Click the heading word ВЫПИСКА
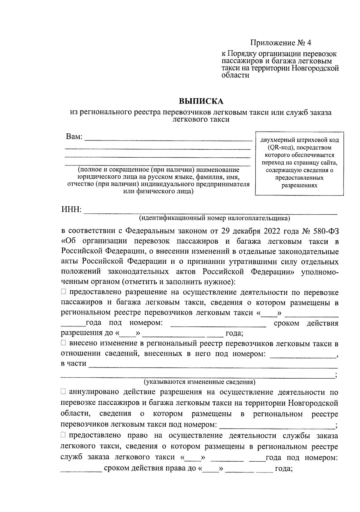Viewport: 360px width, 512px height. click(x=201, y=101)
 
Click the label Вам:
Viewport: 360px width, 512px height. click(x=74, y=137)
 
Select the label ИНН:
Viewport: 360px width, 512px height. click(x=71, y=210)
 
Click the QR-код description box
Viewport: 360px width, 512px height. click(x=299, y=163)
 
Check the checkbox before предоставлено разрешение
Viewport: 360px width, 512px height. click(x=63, y=292)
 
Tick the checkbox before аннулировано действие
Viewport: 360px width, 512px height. click(x=63, y=392)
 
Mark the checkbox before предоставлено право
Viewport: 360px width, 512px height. click(x=63, y=435)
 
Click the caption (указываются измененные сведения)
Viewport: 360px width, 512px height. click(x=199, y=382)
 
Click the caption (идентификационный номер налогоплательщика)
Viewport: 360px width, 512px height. click(x=214, y=218)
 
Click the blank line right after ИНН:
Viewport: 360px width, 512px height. click(x=210, y=213)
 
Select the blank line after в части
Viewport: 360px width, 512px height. click(x=213, y=366)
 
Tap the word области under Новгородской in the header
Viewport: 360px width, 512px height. click(x=235, y=76)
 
